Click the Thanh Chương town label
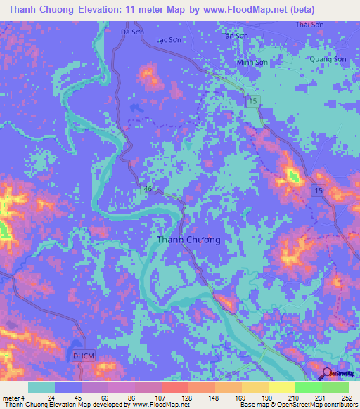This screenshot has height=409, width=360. (x=188, y=240)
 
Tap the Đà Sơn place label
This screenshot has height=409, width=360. (x=132, y=32)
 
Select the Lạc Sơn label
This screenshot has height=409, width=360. (x=168, y=41)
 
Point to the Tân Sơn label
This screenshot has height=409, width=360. (x=235, y=35)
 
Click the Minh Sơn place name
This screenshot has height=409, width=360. (x=252, y=63)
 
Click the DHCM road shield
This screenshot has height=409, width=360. (x=82, y=357)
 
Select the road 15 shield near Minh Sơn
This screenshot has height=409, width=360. (x=252, y=103)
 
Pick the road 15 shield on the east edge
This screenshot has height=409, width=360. (x=319, y=191)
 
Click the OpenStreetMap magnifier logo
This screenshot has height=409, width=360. (x=328, y=375)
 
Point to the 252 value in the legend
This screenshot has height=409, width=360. (x=346, y=398)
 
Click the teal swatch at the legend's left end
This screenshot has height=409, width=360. (x=41, y=387)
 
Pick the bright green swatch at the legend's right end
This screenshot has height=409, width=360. (x=335, y=387)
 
